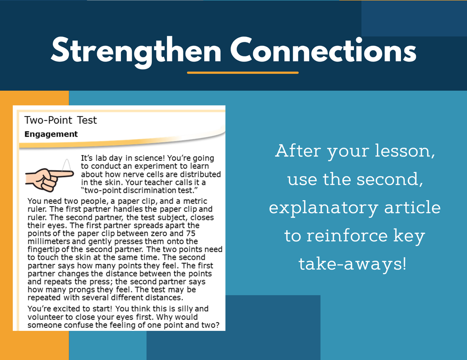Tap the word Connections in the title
[x=323, y=50]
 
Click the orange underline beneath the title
[x=243, y=72]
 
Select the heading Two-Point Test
[x=61, y=120]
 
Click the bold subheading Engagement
[x=51, y=134]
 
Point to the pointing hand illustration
[x=49, y=179]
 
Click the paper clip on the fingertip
[x=67, y=165]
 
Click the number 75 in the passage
[x=191, y=233]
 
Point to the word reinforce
[x=347, y=235]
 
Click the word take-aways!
[x=353, y=264]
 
